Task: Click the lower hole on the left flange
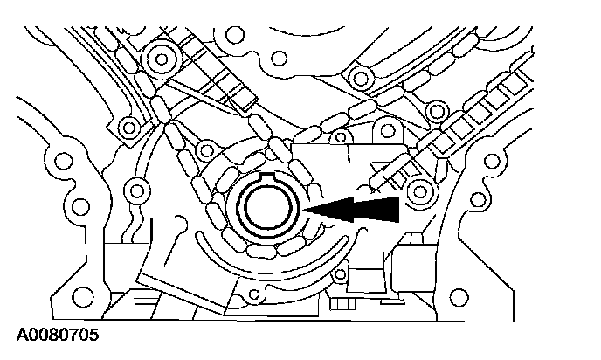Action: click(x=81, y=208)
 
